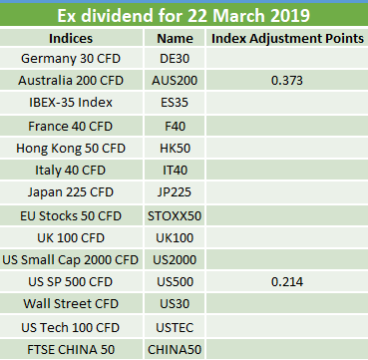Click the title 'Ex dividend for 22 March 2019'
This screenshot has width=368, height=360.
click(x=184, y=15)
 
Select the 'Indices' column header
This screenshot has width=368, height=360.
click(x=71, y=38)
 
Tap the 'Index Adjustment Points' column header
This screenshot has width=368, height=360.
click(x=287, y=38)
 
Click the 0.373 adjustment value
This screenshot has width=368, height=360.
click(x=287, y=81)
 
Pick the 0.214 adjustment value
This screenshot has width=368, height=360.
click(x=287, y=282)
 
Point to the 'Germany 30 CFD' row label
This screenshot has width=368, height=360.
click(x=71, y=59)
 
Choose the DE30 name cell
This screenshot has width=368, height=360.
click(x=175, y=59)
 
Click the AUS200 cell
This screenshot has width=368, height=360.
click(x=175, y=81)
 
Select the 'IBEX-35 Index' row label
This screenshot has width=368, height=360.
click(x=71, y=102)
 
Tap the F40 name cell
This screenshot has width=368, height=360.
click(x=175, y=126)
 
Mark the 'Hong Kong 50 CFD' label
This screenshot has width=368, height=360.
click(x=71, y=149)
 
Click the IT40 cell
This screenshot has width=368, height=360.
click(x=175, y=171)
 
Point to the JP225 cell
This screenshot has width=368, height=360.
click(x=175, y=192)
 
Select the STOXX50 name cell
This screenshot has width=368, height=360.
click(x=175, y=216)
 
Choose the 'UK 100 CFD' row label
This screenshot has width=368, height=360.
click(x=71, y=238)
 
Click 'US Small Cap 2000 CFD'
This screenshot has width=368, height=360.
click(x=71, y=260)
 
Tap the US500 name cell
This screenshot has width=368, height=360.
click(x=175, y=282)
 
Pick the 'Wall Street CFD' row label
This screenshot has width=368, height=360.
click(x=71, y=303)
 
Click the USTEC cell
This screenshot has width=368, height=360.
click(x=175, y=328)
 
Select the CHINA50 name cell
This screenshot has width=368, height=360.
click(x=175, y=349)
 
